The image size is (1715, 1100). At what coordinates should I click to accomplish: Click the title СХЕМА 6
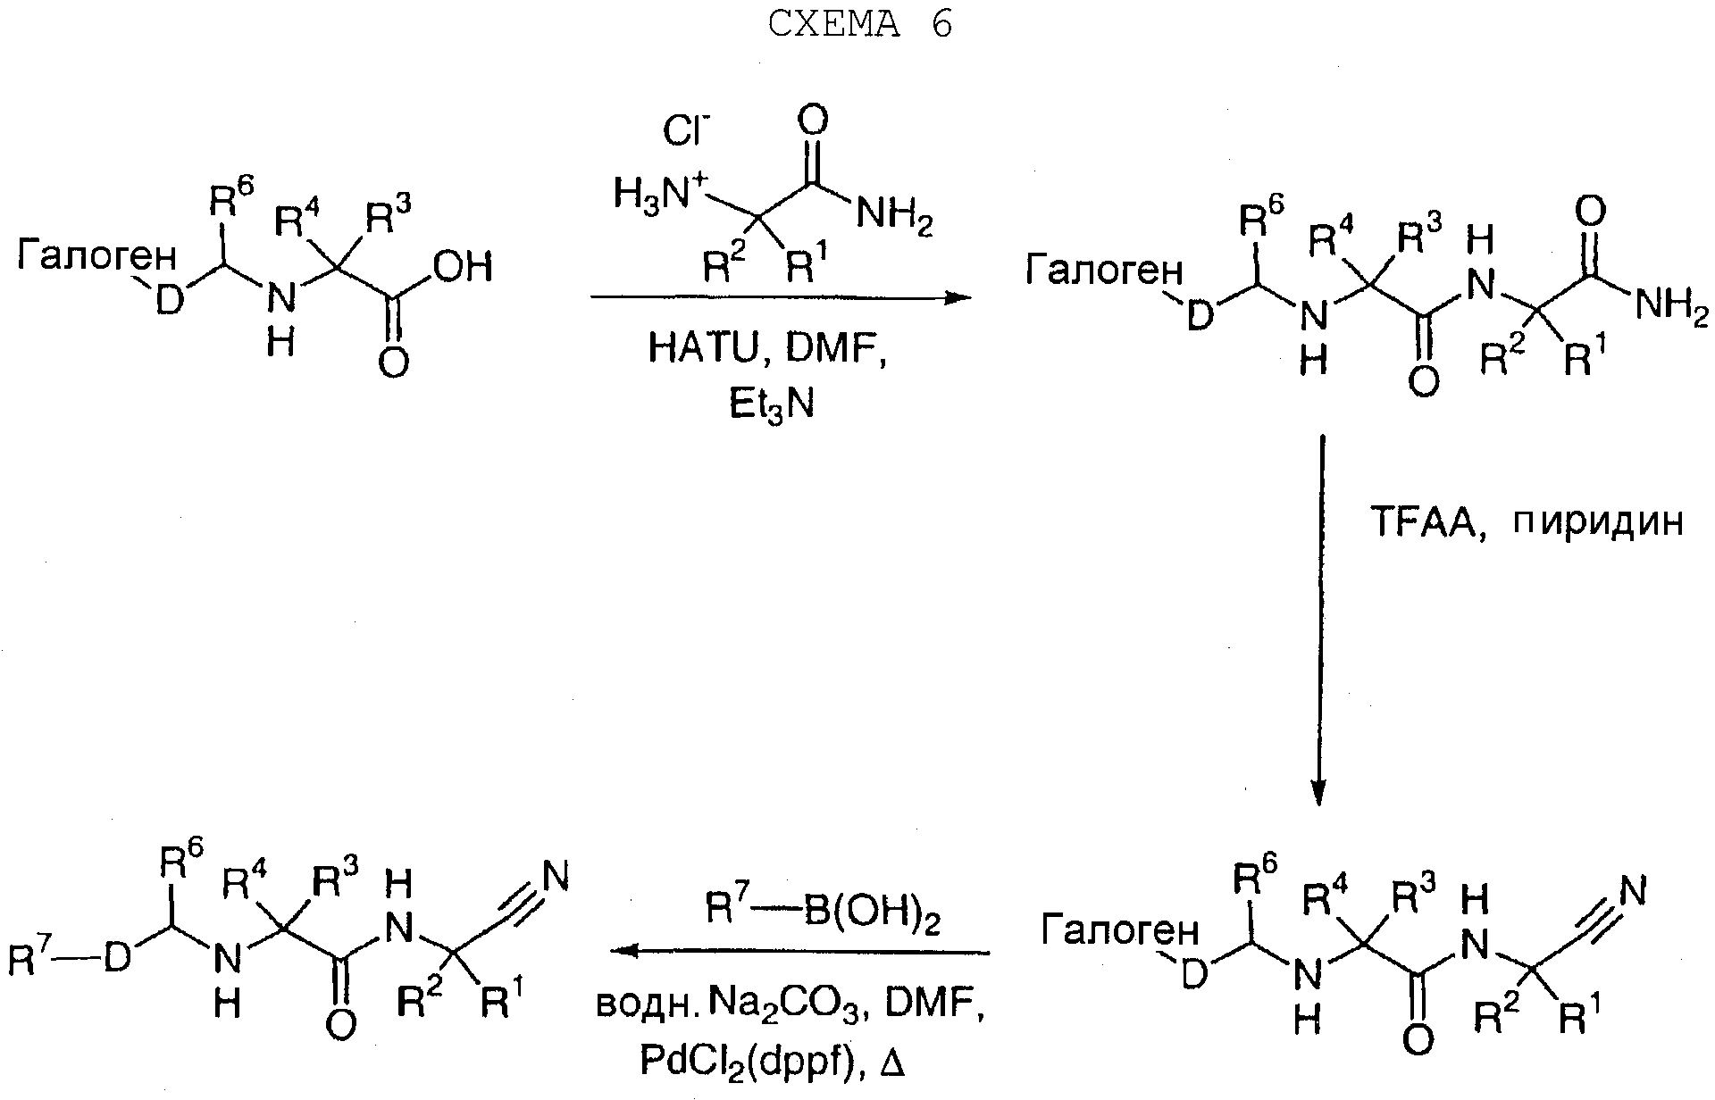click(x=859, y=24)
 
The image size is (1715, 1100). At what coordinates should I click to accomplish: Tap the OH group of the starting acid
click(x=463, y=266)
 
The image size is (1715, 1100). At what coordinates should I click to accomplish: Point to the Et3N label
click(x=772, y=404)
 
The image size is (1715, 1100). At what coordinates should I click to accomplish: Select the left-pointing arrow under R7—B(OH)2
click(x=800, y=952)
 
